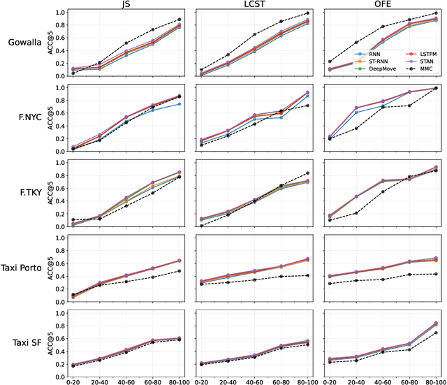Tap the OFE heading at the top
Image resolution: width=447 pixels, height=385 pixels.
pos(383,4)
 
